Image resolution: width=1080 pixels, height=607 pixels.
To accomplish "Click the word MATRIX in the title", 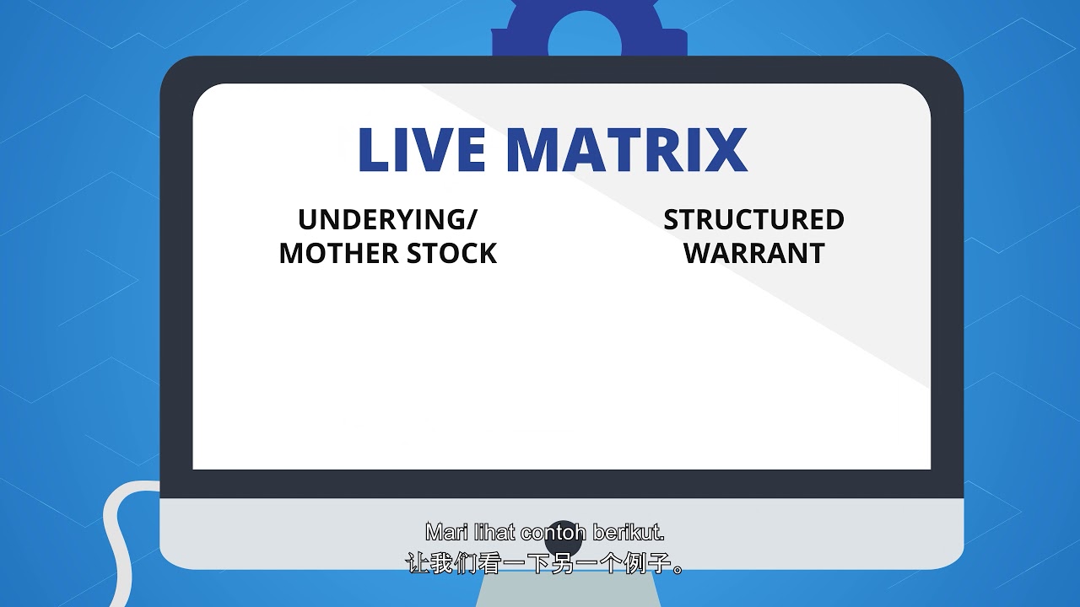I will [627, 150].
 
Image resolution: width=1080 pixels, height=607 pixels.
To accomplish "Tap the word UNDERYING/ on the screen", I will [386, 220].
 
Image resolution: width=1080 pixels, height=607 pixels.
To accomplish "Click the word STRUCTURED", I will [753, 220].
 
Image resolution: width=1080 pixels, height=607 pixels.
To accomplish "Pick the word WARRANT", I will [753, 254].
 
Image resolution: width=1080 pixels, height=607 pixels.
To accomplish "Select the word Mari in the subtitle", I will [445, 533].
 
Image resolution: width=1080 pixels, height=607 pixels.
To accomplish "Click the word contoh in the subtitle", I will [553, 533].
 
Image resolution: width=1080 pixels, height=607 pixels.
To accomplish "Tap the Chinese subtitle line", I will [546, 563].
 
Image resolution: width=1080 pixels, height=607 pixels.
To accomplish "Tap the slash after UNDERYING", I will [469, 220].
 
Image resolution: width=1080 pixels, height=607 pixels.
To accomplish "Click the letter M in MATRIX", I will [537, 150].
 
